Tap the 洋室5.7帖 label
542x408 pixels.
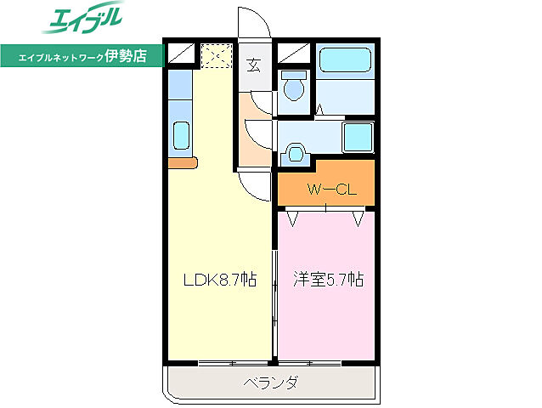pos(329,279)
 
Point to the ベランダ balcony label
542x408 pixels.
pos(269,383)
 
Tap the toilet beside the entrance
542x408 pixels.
pos(295,87)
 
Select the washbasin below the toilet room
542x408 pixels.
pos(296,153)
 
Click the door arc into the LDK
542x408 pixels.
pos(255,183)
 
